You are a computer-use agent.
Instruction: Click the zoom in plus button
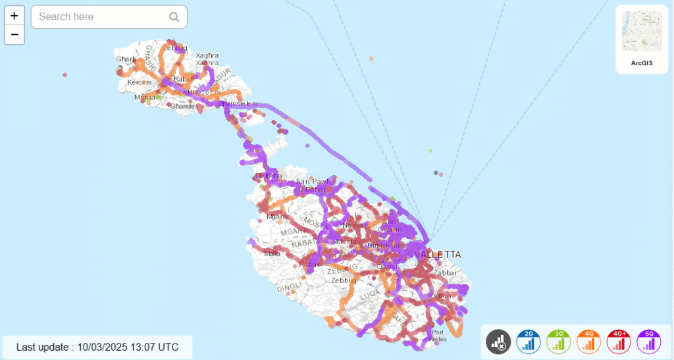click(x=14, y=16)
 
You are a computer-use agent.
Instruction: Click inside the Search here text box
click(x=99, y=17)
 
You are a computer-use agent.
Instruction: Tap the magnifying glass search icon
click(x=174, y=17)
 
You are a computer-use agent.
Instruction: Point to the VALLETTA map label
click(x=438, y=255)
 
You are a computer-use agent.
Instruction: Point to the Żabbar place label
click(x=445, y=272)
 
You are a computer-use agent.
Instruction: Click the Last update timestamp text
click(x=97, y=347)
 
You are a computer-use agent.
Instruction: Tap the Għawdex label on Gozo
click(x=183, y=106)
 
